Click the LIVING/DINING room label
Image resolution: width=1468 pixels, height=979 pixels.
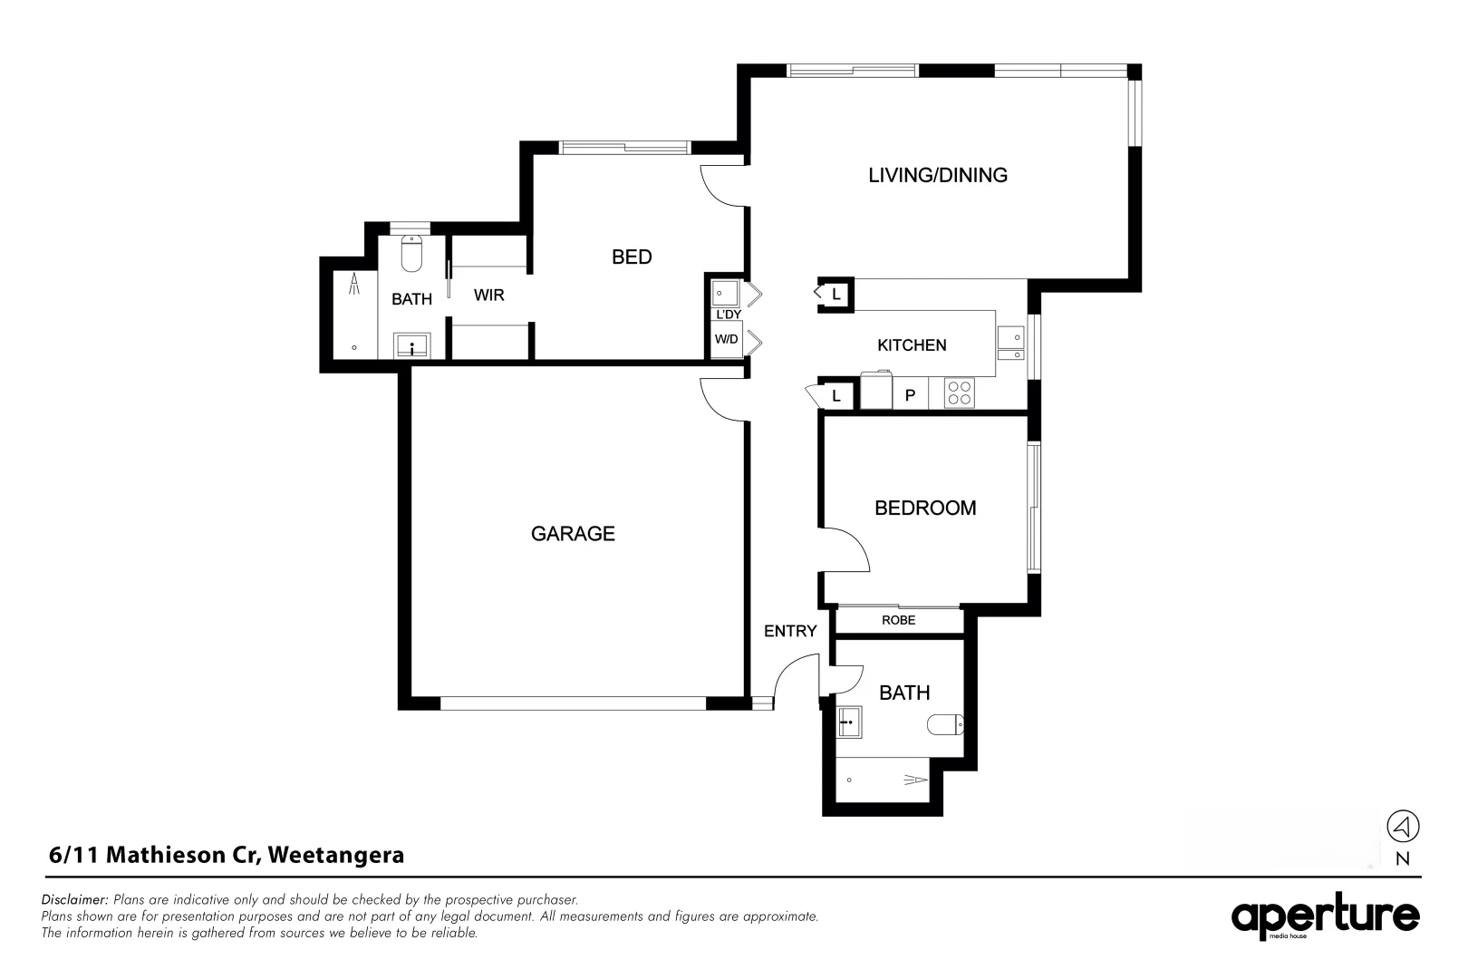click(937, 175)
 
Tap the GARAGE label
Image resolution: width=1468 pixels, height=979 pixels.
click(573, 534)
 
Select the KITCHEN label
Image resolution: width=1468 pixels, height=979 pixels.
click(912, 345)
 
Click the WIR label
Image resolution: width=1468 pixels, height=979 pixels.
click(488, 296)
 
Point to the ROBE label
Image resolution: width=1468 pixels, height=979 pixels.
click(898, 621)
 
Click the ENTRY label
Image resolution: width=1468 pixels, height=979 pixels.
click(790, 631)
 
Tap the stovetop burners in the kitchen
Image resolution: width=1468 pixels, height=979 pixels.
click(959, 393)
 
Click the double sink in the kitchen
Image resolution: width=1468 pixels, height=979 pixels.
click(1010, 338)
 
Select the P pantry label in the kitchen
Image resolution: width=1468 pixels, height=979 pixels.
click(910, 395)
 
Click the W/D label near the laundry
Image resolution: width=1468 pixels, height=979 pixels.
click(726, 340)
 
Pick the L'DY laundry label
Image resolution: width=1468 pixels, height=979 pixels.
click(728, 315)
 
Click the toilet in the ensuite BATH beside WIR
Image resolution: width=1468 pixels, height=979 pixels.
click(412, 254)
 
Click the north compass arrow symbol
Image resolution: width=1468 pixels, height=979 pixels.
click(1403, 827)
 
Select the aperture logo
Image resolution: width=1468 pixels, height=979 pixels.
click(1325, 917)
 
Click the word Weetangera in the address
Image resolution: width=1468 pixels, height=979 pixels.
click(336, 855)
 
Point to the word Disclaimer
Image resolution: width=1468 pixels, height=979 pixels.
click(75, 900)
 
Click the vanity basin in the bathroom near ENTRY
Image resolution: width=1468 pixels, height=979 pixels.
click(849, 722)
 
